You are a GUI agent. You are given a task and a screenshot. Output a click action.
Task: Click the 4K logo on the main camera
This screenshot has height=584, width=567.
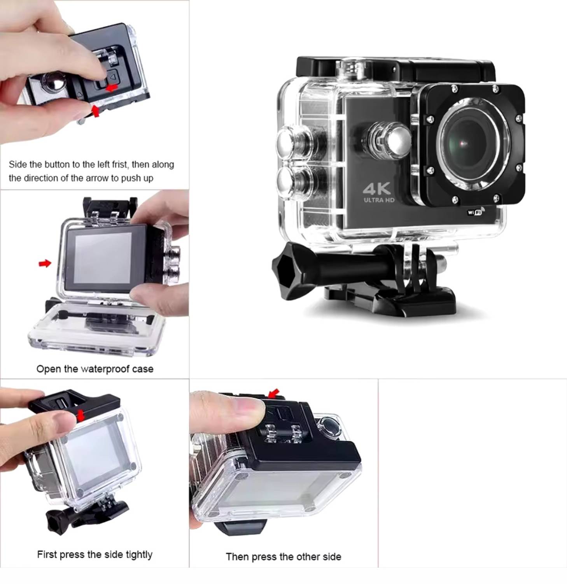click(x=376, y=189)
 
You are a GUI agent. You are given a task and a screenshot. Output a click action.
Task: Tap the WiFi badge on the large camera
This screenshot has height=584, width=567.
click(x=476, y=211)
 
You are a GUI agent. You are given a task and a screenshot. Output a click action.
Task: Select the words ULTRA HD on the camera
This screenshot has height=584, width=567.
click(x=379, y=200)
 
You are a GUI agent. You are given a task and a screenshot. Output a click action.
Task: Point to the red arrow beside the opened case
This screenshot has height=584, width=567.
click(x=45, y=264)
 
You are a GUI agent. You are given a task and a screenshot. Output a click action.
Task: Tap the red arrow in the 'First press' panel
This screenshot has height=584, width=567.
click(x=81, y=415)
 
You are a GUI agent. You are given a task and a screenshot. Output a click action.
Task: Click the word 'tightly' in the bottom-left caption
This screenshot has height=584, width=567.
click(x=139, y=554)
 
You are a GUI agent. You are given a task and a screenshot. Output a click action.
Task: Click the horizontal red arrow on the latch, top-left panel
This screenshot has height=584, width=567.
click(x=112, y=88)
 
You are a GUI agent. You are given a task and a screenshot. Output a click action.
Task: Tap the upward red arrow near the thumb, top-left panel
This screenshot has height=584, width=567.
click(x=95, y=111)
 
